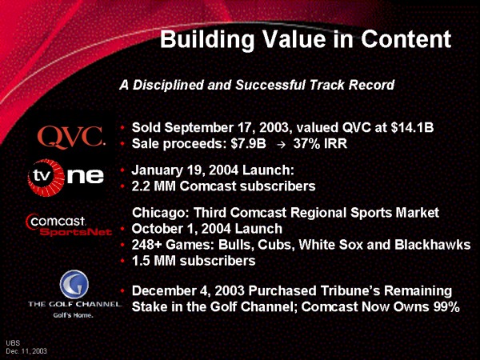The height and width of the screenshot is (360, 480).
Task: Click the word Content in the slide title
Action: point(406,39)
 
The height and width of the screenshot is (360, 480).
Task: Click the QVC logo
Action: point(71,137)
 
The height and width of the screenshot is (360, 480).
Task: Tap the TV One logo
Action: point(66,178)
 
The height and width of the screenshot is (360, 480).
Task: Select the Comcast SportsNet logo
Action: point(69,226)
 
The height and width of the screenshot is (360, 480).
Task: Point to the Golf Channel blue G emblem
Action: point(74,284)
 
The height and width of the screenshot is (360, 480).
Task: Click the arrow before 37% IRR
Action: point(281,144)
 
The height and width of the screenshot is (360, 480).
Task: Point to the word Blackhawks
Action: point(432,245)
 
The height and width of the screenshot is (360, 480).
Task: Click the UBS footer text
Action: point(13,343)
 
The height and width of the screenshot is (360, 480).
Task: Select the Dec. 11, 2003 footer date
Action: point(26,351)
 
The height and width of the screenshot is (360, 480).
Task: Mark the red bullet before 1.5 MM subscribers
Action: point(122,261)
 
